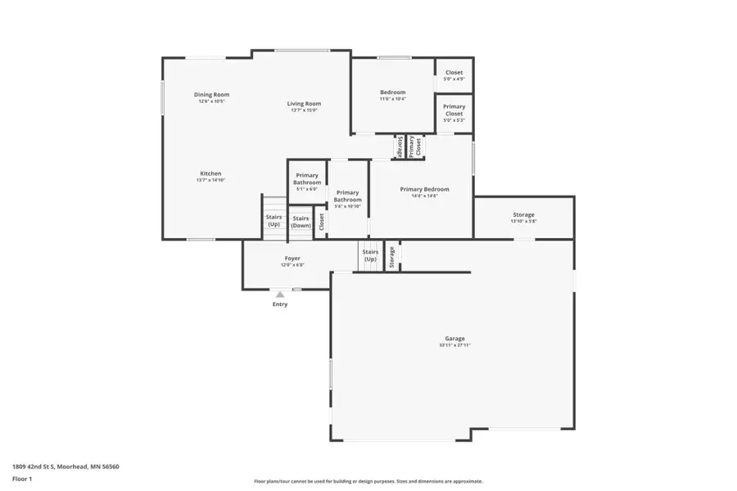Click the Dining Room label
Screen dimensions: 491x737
click(211, 95)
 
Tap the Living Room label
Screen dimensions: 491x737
click(304, 104)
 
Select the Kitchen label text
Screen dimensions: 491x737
click(210, 173)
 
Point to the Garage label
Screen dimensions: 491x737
click(454, 338)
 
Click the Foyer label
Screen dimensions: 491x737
click(292, 259)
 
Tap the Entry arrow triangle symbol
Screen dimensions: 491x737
click(280, 294)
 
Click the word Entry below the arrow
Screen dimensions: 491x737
click(280, 304)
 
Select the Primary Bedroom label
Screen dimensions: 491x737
click(424, 189)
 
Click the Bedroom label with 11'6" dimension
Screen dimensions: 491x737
click(392, 92)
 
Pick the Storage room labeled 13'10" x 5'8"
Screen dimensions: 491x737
click(523, 215)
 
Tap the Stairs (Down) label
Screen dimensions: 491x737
click(301, 221)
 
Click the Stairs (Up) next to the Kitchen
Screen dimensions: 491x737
click(274, 220)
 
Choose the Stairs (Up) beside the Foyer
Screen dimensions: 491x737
click(370, 256)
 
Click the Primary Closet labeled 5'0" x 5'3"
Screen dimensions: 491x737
click(454, 110)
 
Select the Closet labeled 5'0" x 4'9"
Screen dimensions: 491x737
click(454, 73)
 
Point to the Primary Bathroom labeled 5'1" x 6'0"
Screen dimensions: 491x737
click(307, 178)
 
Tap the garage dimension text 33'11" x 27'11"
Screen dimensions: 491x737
click(454, 345)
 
